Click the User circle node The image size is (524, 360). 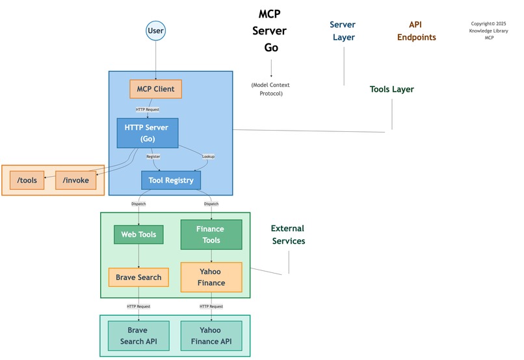click(x=156, y=31)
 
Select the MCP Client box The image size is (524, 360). click(x=155, y=89)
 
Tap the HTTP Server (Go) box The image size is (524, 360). click(x=147, y=133)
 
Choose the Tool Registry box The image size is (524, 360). click(x=171, y=180)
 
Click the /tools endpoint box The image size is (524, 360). click(x=27, y=180)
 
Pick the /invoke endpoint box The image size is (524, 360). click(x=75, y=180)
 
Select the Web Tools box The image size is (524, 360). click(x=138, y=235)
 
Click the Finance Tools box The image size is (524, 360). click(x=211, y=235)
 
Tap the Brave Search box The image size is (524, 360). click(x=138, y=277)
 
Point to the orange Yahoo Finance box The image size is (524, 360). click(x=211, y=277)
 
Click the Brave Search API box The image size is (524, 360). click(x=138, y=336)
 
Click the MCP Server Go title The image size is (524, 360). click(x=269, y=31)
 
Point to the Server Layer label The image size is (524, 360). click(x=344, y=31)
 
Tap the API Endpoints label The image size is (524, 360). click(x=416, y=31)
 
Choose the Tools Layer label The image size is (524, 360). click(x=391, y=89)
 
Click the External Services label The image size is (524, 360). click(x=288, y=235)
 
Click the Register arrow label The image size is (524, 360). click(x=153, y=157)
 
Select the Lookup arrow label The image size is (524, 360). click(x=208, y=157)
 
